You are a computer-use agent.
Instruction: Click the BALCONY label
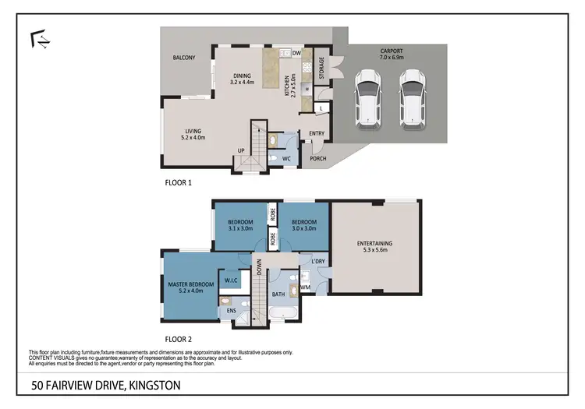(184, 58)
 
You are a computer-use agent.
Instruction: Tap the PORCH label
(317, 159)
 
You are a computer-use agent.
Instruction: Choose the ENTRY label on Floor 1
(317, 133)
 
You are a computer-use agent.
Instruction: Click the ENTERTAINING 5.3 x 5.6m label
(375, 247)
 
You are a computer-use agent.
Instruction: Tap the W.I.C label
(231, 280)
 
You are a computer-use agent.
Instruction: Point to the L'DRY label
(317, 263)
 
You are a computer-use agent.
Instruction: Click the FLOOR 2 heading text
(179, 340)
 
